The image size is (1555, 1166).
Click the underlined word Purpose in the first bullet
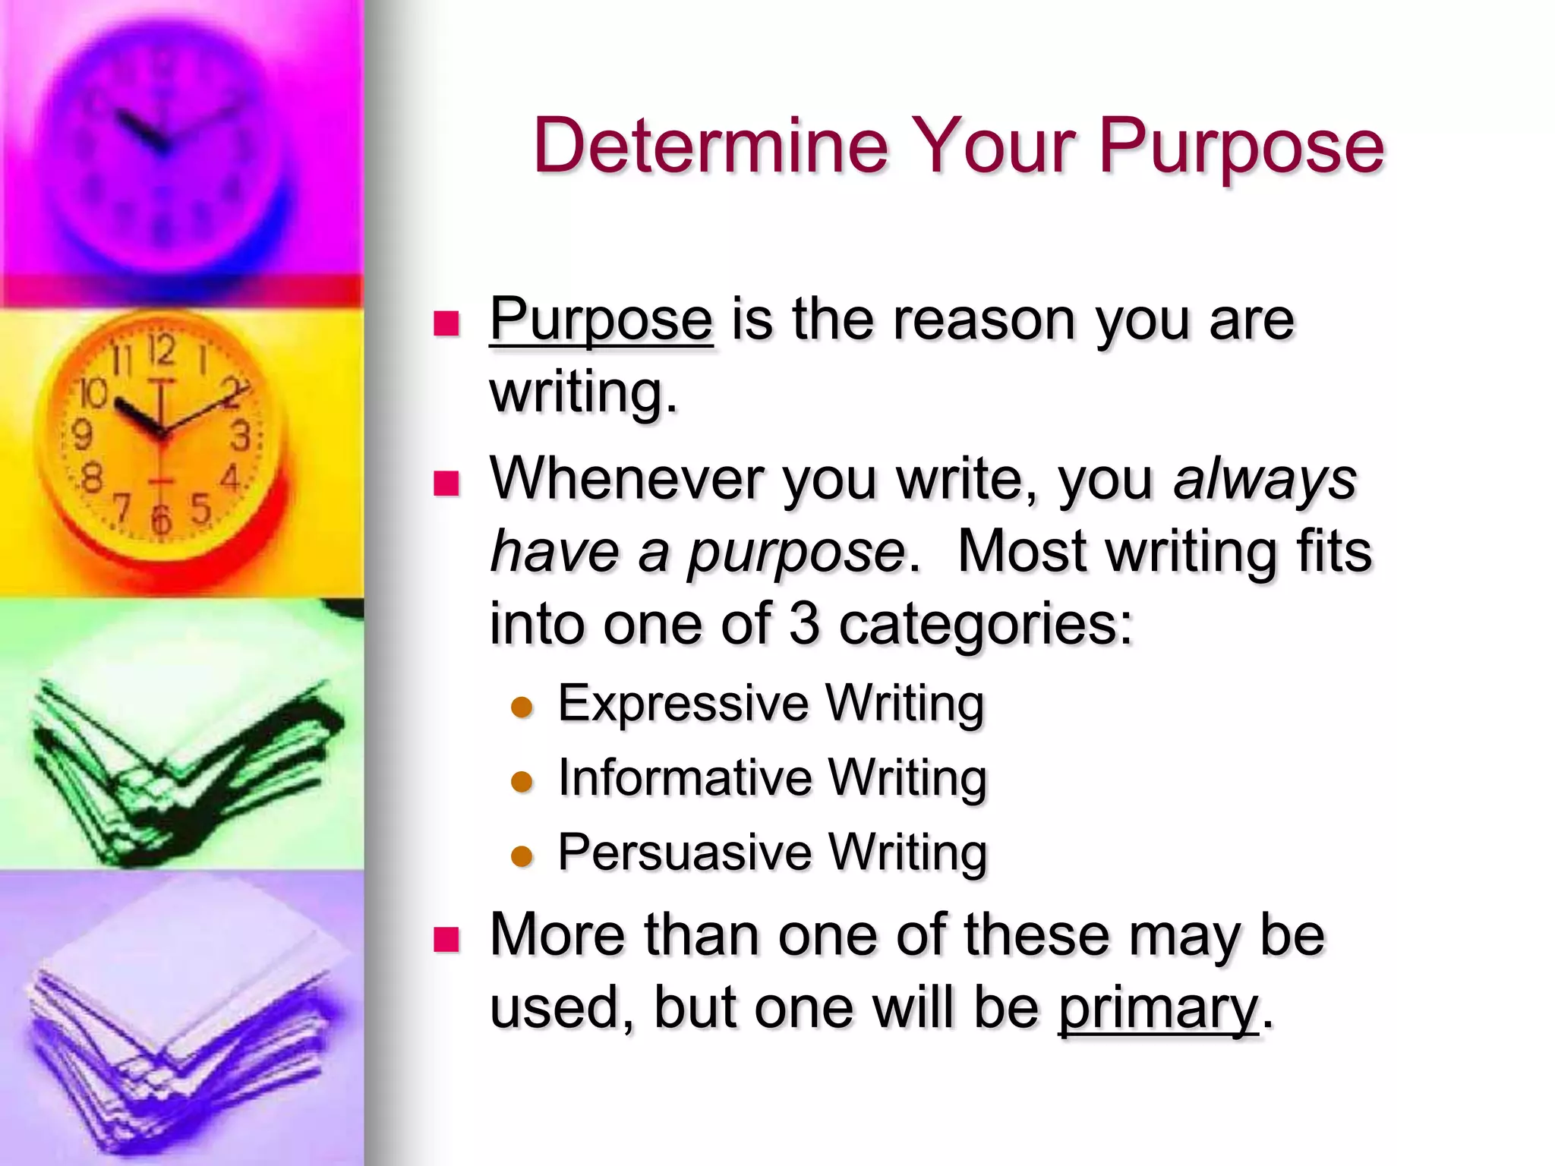601,320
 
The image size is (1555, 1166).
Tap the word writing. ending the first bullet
582,392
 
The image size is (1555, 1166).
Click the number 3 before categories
805,623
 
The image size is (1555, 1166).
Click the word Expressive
683,703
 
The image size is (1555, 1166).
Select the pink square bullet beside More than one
446,939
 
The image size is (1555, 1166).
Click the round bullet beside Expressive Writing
522,707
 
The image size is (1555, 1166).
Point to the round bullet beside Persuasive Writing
522,856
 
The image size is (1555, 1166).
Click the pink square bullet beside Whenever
446,484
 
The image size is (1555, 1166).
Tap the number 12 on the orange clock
161,351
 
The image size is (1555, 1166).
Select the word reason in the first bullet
984,320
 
